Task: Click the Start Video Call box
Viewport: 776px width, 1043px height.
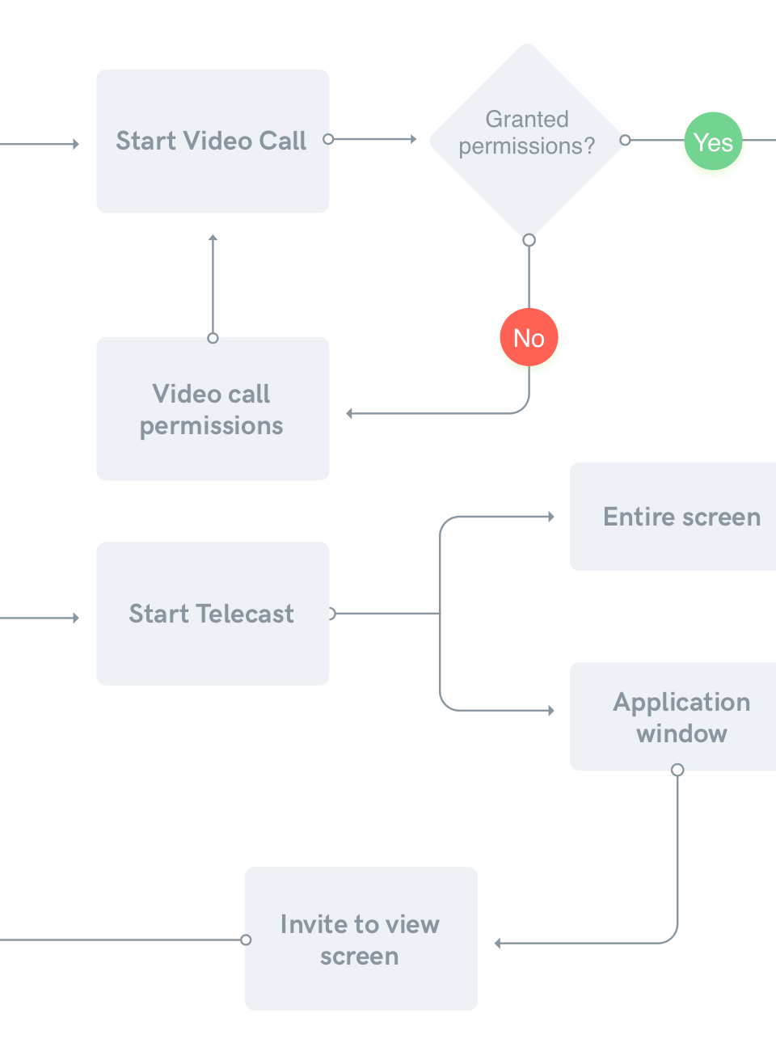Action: click(213, 141)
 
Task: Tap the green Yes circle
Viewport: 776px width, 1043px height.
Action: click(713, 144)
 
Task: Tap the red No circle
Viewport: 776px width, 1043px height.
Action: click(529, 339)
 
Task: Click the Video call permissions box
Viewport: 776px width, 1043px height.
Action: click(213, 408)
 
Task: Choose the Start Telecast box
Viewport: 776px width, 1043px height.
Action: click(213, 614)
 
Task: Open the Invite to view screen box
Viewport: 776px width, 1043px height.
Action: click(361, 939)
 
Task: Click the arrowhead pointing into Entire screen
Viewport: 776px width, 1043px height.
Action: click(550, 516)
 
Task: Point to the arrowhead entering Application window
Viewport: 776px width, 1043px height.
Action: click(550, 711)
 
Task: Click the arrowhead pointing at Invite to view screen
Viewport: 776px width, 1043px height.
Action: click(498, 943)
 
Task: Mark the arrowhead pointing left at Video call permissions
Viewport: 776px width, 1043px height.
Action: click(349, 413)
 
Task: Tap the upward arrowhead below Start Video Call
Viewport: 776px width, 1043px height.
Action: click(213, 238)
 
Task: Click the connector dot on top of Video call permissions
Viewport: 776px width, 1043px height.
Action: click(213, 338)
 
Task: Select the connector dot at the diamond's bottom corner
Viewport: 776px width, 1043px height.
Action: click(529, 240)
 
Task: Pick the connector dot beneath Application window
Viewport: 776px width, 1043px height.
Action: click(677, 770)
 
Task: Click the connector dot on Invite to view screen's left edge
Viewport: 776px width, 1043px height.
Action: click(246, 940)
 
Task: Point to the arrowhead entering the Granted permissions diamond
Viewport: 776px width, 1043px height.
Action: click(413, 139)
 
